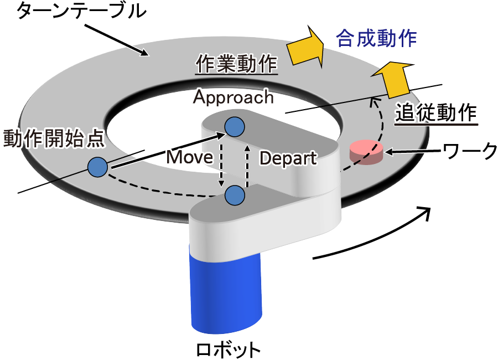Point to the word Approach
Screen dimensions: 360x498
[233, 97]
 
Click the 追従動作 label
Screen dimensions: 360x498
[436, 114]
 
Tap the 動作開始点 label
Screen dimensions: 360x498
[53, 138]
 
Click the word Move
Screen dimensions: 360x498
[190, 157]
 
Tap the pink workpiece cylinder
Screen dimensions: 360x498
[366, 152]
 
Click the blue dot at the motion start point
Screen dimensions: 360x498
[97, 166]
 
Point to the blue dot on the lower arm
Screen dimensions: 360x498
[235, 194]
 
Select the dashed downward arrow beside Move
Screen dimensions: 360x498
[221, 161]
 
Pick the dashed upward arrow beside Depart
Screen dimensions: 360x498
[247, 161]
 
